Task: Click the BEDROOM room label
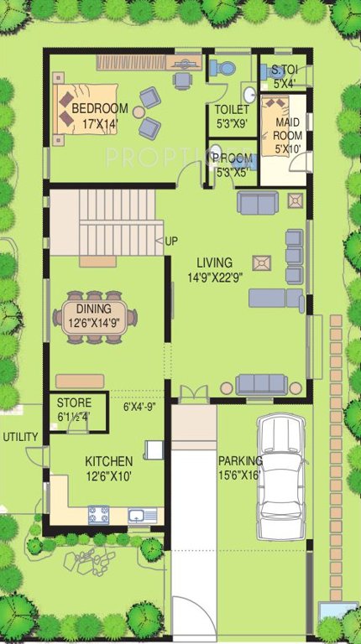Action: (99, 109)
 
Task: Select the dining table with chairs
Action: (96, 316)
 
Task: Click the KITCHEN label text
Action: (109, 461)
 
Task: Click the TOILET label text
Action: (230, 110)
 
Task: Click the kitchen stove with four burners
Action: (99, 514)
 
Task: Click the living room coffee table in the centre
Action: (263, 262)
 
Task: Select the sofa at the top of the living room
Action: (257, 202)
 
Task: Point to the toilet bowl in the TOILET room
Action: (222, 68)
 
